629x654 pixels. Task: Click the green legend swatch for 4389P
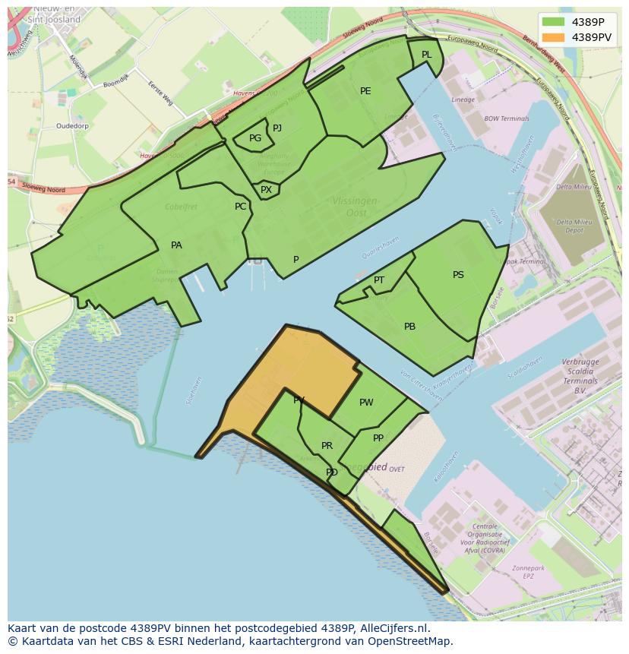coord(555,22)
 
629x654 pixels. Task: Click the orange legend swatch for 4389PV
coord(555,36)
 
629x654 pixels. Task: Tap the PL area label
coord(426,55)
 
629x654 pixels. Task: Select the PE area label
coord(365,91)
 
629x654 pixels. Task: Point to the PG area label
coord(255,138)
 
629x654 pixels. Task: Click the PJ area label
coord(277,128)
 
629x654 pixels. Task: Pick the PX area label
coord(266,190)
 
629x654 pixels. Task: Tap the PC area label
coord(240,207)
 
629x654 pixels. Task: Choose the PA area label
coord(176,245)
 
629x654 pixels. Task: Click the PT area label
coord(379,280)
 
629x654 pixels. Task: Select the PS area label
coord(458,275)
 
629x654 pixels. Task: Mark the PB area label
coord(409,327)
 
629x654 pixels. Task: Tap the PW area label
coord(366,403)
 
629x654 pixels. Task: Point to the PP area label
coord(378,438)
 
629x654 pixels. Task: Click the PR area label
coord(327,446)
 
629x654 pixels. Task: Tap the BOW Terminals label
coord(506,119)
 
